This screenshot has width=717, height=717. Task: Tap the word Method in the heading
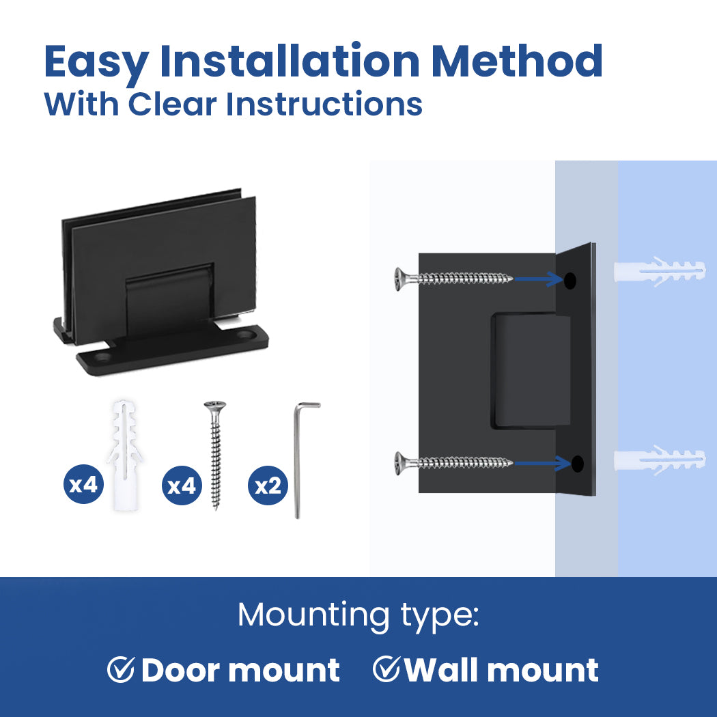point(517,61)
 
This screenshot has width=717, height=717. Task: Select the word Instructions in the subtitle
point(324,104)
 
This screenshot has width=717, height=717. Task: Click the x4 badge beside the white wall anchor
point(83,484)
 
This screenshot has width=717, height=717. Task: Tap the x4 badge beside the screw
point(182,485)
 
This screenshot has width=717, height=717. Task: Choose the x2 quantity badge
point(268,485)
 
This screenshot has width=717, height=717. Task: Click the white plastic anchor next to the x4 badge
point(124,455)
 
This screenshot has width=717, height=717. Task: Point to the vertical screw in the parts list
point(215,455)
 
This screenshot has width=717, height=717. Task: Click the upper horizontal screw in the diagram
point(453,278)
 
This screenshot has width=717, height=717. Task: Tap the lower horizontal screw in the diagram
point(453,463)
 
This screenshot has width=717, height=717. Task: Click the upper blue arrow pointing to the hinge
point(538,279)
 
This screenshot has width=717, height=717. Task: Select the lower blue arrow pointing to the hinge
point(542,463)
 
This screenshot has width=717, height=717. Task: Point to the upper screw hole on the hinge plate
point(570,281)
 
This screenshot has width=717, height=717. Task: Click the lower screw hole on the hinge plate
point(578,464)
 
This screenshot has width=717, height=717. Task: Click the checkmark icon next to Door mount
point(121,670)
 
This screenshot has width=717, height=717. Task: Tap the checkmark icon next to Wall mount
point(386,669)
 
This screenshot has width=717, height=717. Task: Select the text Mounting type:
point(358,615)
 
